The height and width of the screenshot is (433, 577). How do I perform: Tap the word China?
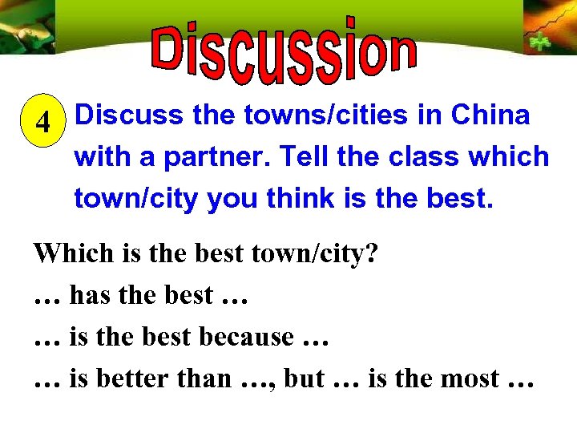point(490,115)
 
